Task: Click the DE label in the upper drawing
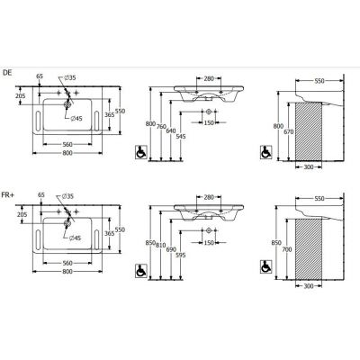(x=7, y=73)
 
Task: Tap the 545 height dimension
(x=181, y=137)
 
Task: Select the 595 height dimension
(x=181, y=255)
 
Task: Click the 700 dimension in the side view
(x=287, y=249)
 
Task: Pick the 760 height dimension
(x=161, y=127)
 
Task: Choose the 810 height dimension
(x=161, y=246)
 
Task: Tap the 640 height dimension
(x=171, y=130)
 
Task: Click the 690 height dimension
(x=171, y=249)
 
